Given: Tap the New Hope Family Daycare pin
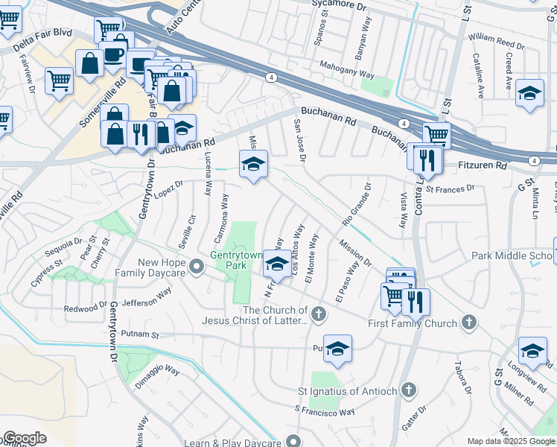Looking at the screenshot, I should click(x=196, y=266).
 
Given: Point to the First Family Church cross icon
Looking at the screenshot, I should click(x=468, y=323).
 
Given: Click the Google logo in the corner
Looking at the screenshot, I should click(x=25, y=438).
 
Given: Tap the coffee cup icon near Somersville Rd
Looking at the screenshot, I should click(x=114, y=54).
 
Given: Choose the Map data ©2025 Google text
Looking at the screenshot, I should click(x=511, y=441).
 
